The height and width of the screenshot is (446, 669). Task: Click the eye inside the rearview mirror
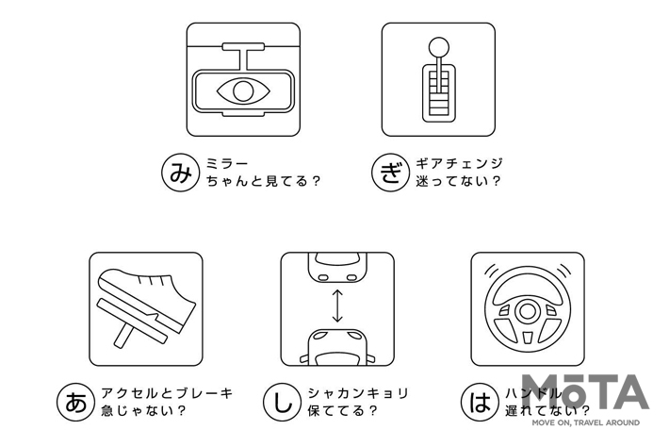243,91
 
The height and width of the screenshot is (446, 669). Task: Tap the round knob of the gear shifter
438,48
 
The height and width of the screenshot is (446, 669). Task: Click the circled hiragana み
181,173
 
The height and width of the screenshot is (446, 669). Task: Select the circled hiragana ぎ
391,173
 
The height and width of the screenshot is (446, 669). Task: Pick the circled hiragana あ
76,402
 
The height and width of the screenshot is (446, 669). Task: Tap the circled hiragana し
283,402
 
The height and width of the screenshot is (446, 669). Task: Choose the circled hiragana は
481,402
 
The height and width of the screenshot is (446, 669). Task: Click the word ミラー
227,163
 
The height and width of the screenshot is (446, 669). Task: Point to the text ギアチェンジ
460,163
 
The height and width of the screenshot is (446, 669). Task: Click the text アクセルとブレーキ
167,393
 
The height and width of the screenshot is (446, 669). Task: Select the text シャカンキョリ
358,393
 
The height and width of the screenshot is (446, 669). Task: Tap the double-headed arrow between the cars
337,306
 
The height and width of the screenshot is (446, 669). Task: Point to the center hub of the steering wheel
528,310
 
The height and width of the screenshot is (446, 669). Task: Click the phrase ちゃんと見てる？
263,181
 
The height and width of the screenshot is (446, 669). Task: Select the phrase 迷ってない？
458,181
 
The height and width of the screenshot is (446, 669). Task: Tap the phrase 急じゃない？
143,411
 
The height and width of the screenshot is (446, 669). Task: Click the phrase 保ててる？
343,411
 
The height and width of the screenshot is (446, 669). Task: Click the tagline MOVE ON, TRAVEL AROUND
585,422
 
